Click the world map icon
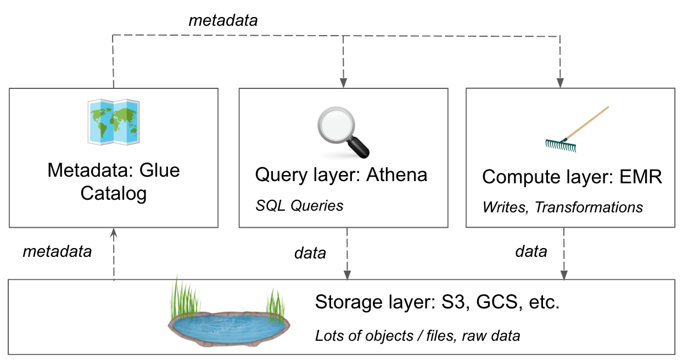click(113, 121)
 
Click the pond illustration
click(229, 325)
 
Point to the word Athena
click(396, 175)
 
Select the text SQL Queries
click(299, 205)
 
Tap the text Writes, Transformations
click(562, 207)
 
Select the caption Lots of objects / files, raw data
click(417, 335)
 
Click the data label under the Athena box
click(310, 253)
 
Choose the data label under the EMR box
click(531, 251)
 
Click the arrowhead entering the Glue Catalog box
click(114, 233)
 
